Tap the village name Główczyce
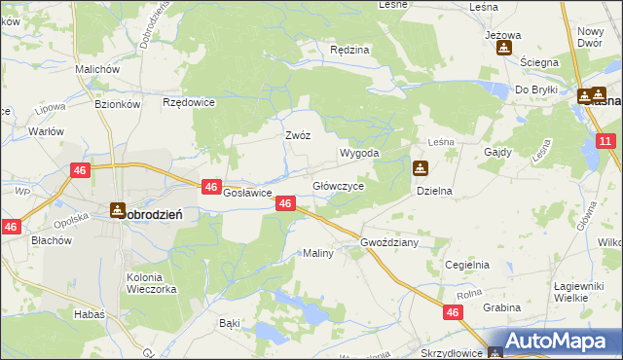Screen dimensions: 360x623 point(338,185)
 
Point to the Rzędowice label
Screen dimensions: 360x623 point(189,101)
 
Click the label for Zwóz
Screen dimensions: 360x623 point(297,135)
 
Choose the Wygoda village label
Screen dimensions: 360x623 point(358,154)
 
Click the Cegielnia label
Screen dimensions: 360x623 point(466,264)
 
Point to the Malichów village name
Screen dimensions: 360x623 point(96,70)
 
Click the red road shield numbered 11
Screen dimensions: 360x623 point(605,141)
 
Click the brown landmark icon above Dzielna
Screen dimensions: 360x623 point(420,168)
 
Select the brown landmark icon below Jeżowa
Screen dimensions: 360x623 point(503,48)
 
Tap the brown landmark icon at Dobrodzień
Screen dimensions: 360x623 point(118,209)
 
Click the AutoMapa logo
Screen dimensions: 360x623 point(554,342)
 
